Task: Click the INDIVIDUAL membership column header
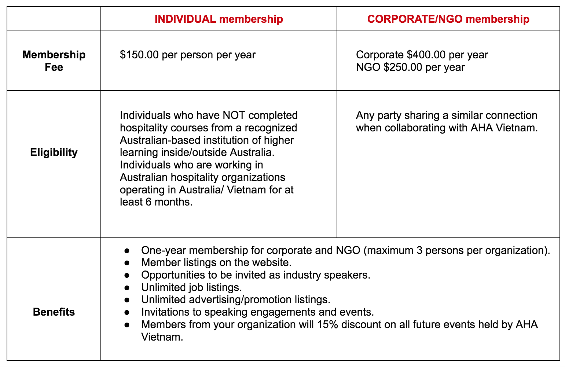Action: click(x=219, y=19)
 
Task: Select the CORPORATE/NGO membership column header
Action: click(x=448, y=19)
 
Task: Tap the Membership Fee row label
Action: click(x=54, y=61)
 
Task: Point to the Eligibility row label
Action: click(x=54, y=152)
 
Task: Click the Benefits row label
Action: click(x=54, y=312)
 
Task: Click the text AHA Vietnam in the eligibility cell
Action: click(x=504, y=128)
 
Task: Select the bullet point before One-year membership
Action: click(x=127, y=251)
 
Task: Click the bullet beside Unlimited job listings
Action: click(x=127, y=288)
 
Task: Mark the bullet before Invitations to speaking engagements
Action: click(x=127, y=312)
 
